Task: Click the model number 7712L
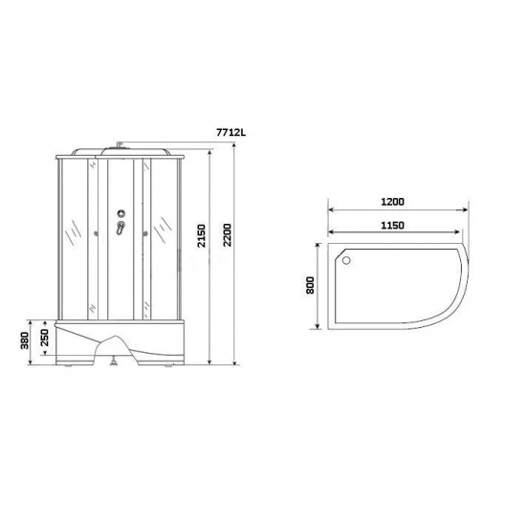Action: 231,133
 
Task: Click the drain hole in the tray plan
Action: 345,258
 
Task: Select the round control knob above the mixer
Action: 121,213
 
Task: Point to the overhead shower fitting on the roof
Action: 120,145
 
